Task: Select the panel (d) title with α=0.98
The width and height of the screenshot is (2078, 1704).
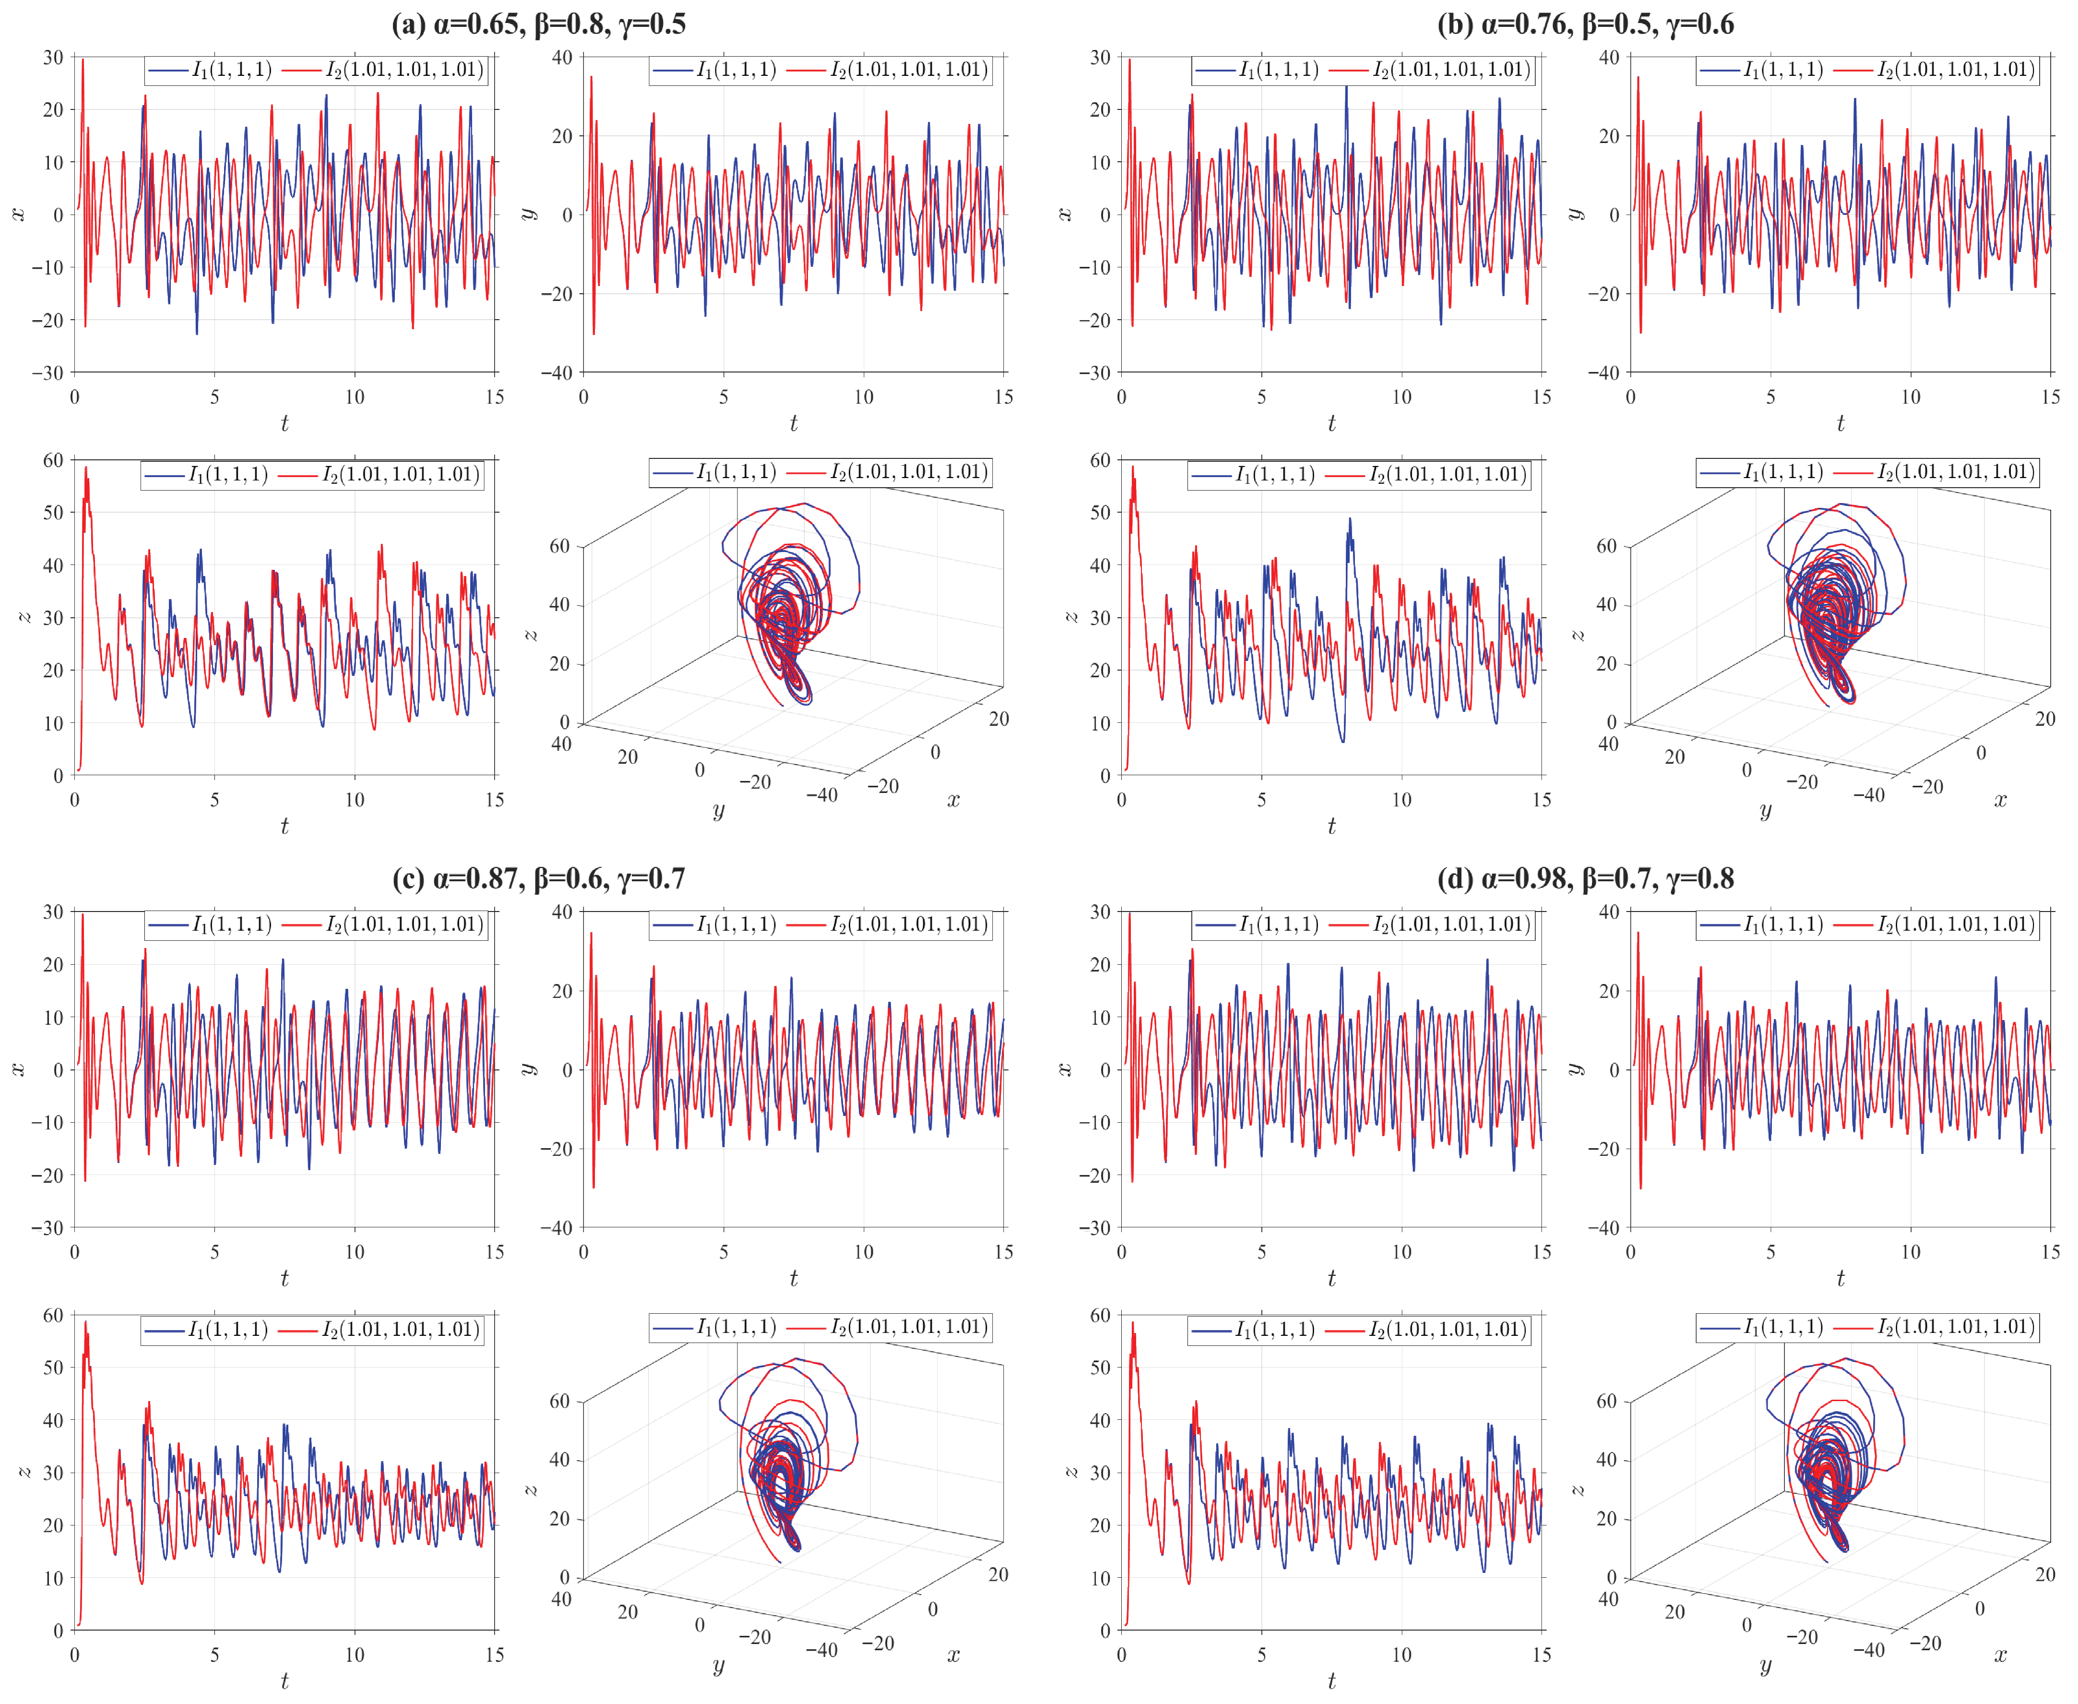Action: [1585, 877]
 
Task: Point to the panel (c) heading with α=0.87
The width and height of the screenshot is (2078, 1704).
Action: [539, 877]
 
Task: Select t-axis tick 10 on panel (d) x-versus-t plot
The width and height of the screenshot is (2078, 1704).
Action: [1401, 1251]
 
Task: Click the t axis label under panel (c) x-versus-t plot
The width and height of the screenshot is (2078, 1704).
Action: [285, 1278]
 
